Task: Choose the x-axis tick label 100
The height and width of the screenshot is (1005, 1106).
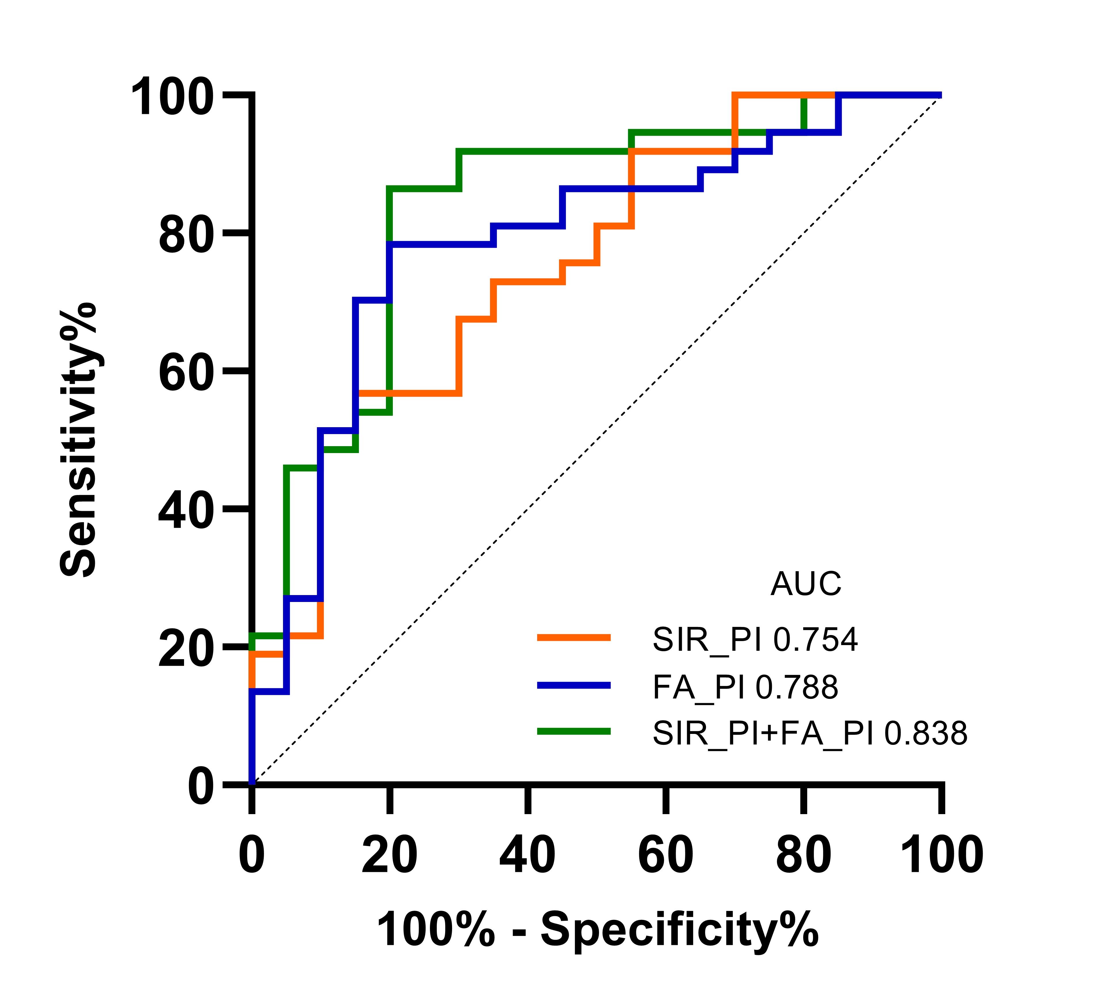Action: [942, 855]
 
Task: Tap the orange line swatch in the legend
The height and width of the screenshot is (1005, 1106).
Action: [574, 637]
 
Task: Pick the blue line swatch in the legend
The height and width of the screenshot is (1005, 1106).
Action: [574, 685]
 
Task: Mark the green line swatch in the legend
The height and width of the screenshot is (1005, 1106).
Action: [574, 731]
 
